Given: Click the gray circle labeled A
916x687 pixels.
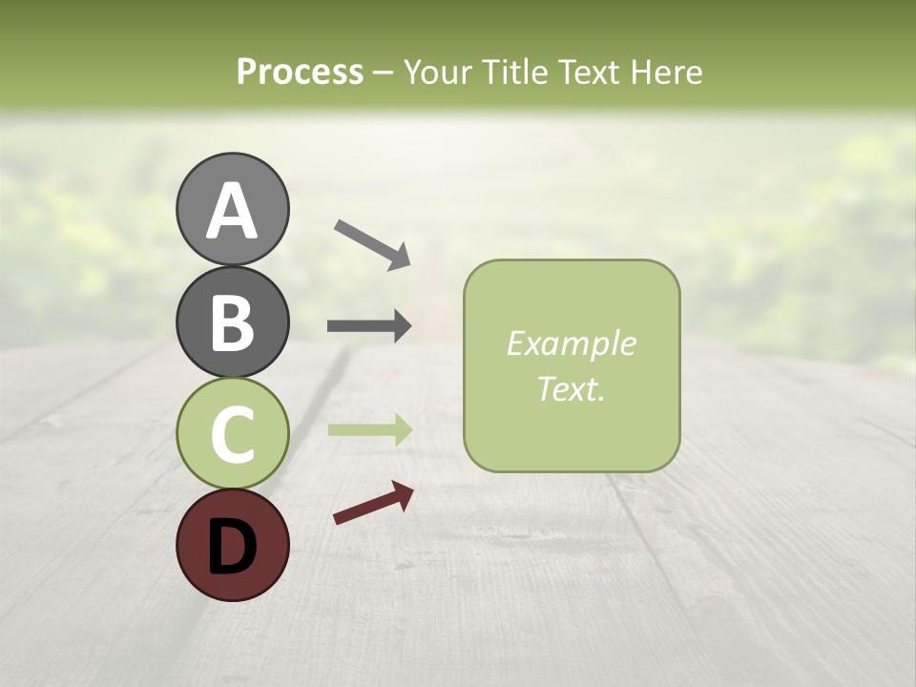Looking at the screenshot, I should [x=232, y=209].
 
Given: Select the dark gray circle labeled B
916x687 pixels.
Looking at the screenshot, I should [x=232, y=322].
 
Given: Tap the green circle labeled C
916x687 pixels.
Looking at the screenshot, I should [x=232, y=434].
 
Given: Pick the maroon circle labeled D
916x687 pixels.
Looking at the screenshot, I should [x=232, y=546].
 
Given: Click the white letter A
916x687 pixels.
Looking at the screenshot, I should [x=232, y=211].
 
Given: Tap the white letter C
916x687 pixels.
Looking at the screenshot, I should [x=232, y=435].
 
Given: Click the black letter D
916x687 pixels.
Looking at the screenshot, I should [x=232, y=547].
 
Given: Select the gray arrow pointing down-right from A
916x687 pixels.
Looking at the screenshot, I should [x=371, y=243].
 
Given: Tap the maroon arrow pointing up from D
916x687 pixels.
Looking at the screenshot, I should [x=372, y=504].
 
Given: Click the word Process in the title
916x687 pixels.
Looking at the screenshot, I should [x=300, y=72].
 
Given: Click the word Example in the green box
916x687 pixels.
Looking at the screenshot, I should [x=571, y=343].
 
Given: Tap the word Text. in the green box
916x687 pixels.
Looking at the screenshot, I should [x=571, y=388].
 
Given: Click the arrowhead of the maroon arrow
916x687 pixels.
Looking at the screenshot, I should [x=402, y=494].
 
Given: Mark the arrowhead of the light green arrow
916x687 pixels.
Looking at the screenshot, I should [x=400, y=429].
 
